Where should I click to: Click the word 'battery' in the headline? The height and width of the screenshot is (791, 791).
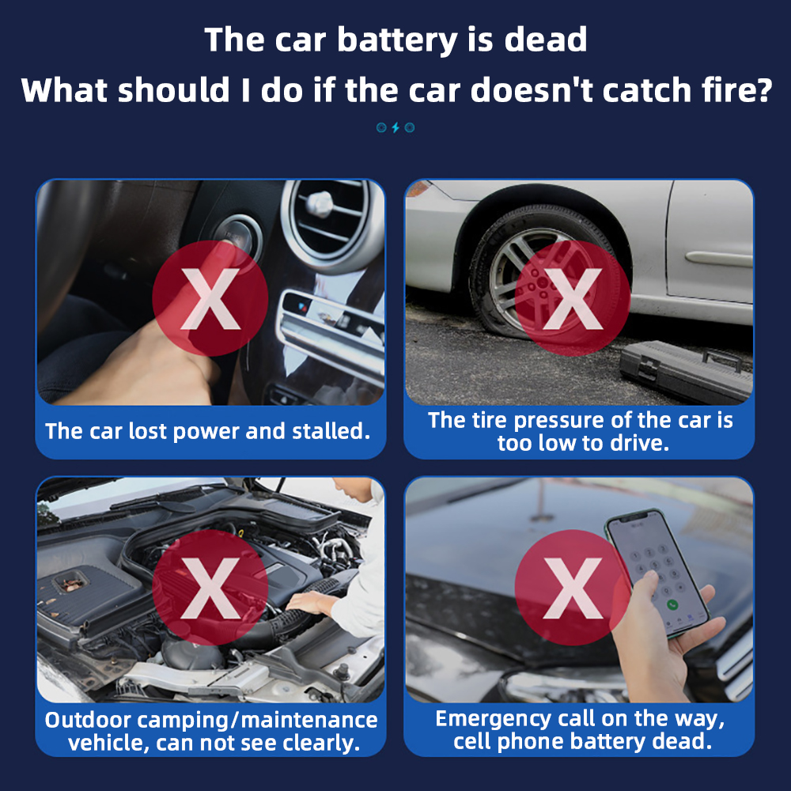(398, 40)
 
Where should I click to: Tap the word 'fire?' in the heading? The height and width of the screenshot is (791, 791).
(737, 90)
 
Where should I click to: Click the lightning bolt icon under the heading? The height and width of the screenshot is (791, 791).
(395, 127)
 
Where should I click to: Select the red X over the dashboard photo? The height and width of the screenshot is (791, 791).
(210, 298)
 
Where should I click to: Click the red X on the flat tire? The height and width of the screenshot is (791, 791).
(573, 298)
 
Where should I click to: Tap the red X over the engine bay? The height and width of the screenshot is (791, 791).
(210, 588)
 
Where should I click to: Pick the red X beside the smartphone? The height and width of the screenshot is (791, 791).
(573, 588)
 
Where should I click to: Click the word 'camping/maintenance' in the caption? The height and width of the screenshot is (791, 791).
(257, 721)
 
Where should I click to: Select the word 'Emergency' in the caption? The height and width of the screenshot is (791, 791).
(493, 719)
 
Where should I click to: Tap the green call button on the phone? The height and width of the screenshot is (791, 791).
(672, 604)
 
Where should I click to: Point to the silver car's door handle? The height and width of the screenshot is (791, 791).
(718, 259)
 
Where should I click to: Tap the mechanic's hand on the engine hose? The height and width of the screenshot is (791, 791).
(308, 603)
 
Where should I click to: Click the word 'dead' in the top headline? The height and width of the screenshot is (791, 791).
(546, 40)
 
